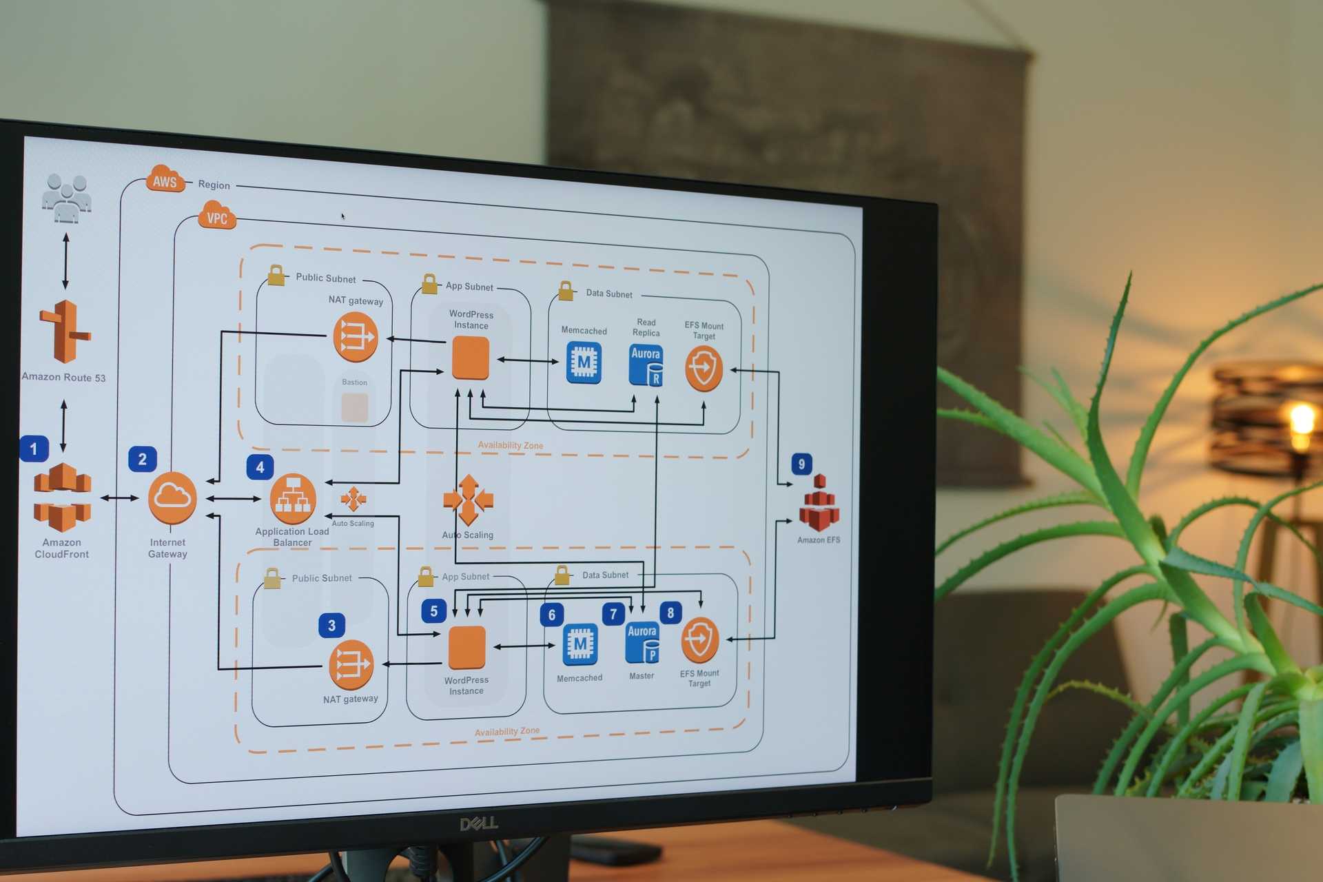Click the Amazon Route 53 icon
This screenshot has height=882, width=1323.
click(65, 332)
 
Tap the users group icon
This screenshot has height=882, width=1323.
click(66, 198)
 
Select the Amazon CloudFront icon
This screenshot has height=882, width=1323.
click(62, 498)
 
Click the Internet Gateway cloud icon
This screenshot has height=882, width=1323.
click(172, 498)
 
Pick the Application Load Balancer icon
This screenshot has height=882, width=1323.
click(293, 499)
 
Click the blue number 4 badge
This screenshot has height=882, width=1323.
click(260, 467)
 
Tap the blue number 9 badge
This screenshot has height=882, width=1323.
click(801, 464)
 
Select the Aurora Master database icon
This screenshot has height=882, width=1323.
click(642, 644)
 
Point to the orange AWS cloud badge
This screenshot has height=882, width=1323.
click(165, 180)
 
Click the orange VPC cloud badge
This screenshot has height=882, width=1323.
click(217, 216)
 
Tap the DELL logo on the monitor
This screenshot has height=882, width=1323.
click(479, 823)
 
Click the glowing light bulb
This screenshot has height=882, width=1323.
click(1302, 420)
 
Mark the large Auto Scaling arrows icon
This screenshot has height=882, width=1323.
click(469, 500)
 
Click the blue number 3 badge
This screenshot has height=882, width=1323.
click(331, 625)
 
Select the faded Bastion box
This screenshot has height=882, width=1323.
click(355, 407)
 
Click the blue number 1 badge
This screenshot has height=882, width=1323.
click(34, 449)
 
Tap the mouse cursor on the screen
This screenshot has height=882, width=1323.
click(342, 216)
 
